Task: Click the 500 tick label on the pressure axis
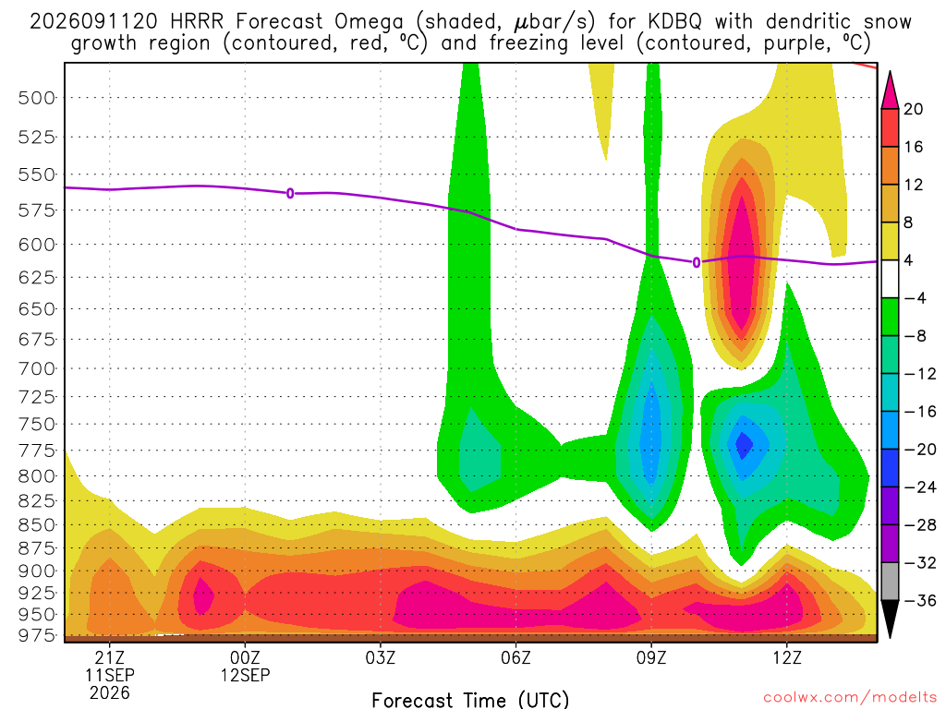[x=36, y=98]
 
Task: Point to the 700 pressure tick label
[x=36, y=368]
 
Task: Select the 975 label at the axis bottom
[x=36, y=635]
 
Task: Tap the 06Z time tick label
[x=515, y=657]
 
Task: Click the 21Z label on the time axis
[x=109, y=657]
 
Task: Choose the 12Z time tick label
[x=787, y=657]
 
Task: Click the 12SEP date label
[x=245, y=675]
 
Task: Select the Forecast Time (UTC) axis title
[x=470, y=700]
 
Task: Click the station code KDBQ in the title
[x=675, y=22]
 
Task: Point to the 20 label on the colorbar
[x=913, y=109]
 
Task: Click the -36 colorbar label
[x=919, y=600]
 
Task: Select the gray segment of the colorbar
[x=890, y=582]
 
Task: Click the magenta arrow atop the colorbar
[x=890, y=90]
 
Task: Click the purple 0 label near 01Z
[x=290, y=194]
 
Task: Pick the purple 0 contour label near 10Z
[x=697, y=262]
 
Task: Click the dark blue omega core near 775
[x=744, y=445]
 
